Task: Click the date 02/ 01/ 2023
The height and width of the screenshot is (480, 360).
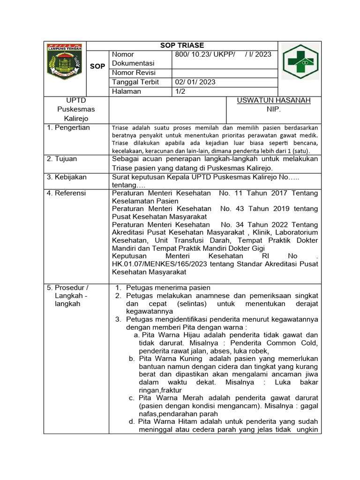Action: click(x=195, y=82)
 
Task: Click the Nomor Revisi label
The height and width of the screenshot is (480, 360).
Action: click(x=134, y=73)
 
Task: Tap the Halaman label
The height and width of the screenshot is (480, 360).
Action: click(x=126, y=91)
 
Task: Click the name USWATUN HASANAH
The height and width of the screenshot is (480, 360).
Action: click(x=274, y=100)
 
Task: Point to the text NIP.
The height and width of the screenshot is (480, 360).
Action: click(x=273, y=109)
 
